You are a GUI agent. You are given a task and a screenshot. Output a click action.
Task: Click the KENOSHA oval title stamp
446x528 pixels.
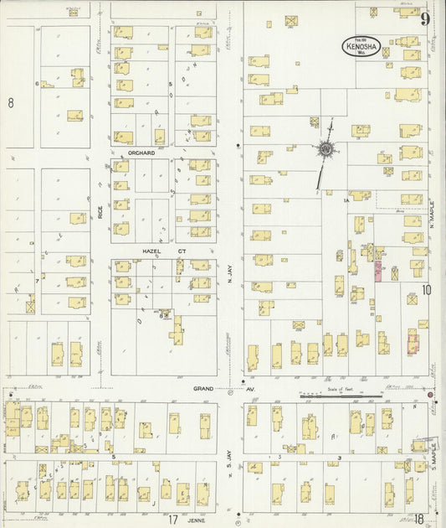click(361, 46)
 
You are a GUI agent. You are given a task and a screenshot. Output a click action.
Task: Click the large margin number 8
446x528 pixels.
click(11, 103)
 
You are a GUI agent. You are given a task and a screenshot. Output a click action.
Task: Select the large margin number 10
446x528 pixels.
click(427, 290)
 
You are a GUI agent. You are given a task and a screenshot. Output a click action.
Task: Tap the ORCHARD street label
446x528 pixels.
click(143, 153)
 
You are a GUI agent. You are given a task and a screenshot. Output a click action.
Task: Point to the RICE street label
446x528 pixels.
click(100, 207)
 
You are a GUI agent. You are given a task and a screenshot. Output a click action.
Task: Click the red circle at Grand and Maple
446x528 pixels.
click(430, 395)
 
